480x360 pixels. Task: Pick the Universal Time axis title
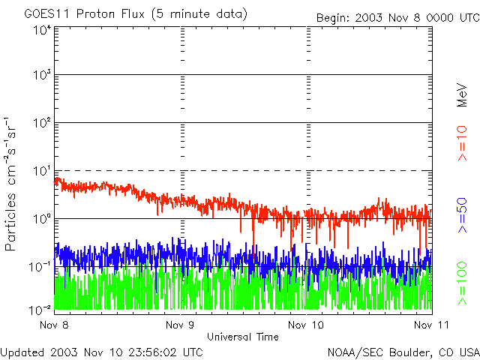(243, 337)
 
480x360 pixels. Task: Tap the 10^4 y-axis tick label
(42, 31)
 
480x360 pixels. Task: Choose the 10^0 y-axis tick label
(42, 220)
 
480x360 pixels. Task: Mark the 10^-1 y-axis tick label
(40, 268)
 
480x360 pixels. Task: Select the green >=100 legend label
(463, 282)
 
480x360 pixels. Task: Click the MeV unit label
(463, 95)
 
